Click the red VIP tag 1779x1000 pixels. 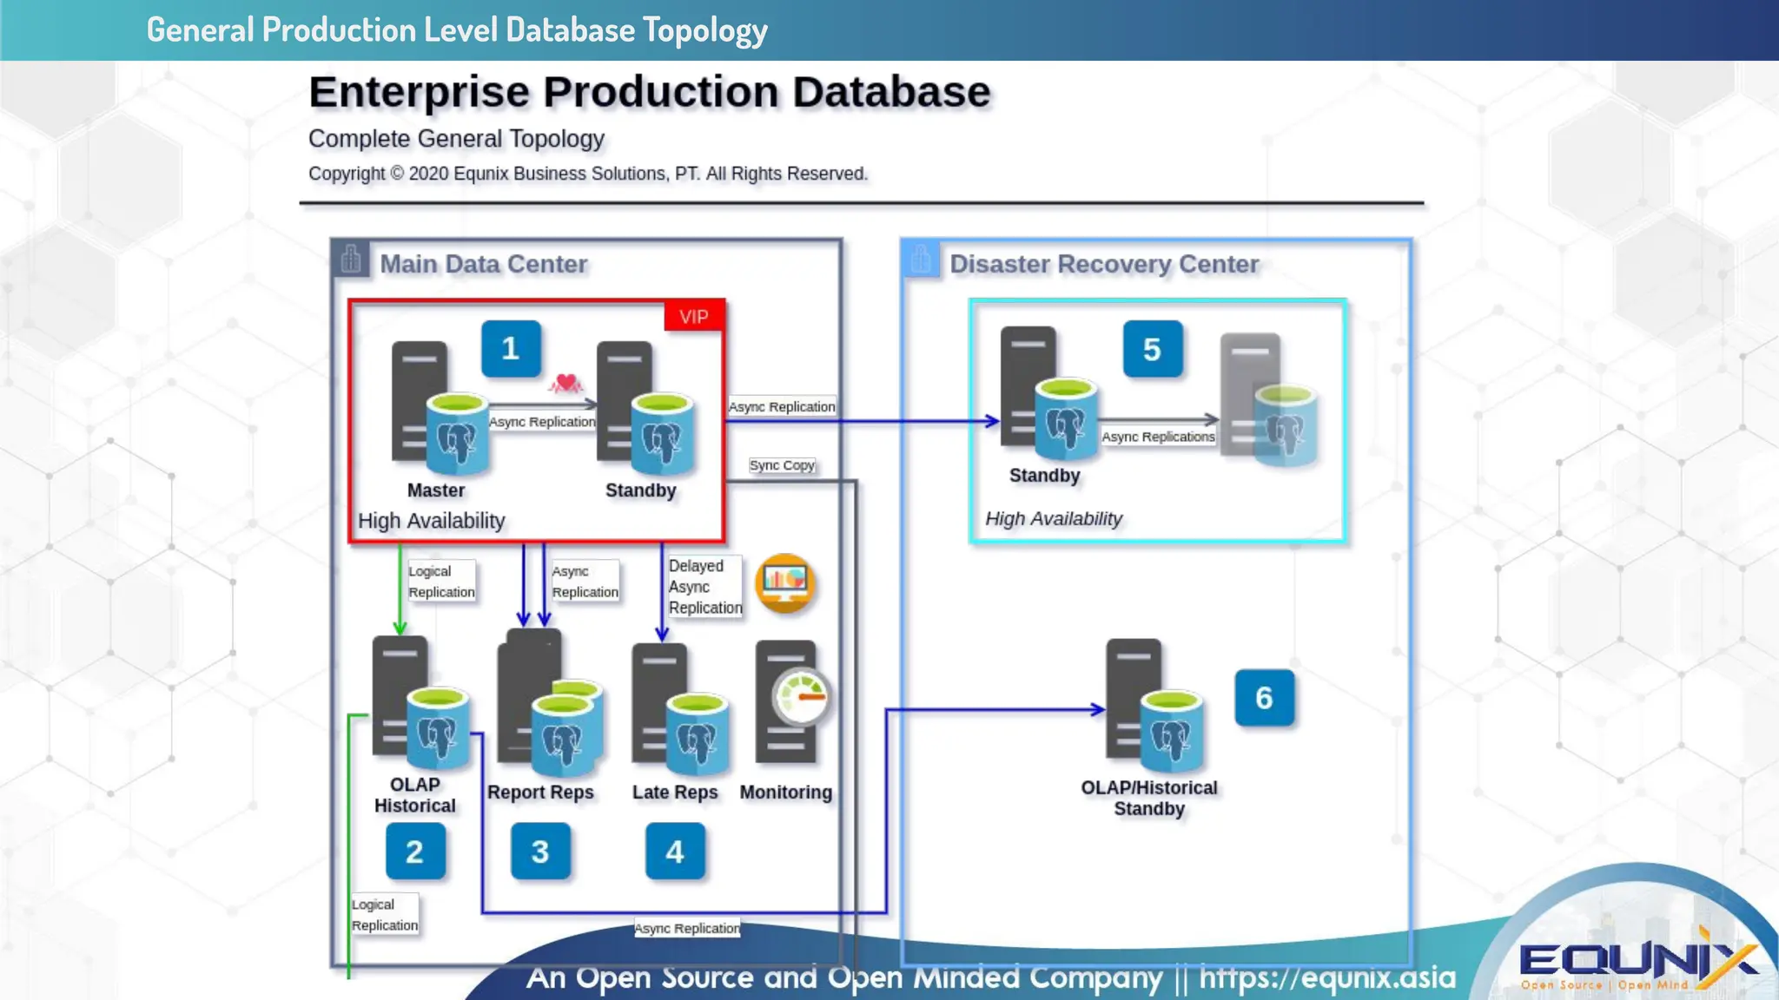pyautogui.click(x=693, y=316)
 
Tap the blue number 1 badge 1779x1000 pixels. pyautogui.click(x=511, y=349)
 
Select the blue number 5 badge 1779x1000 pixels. pyautogui.click(x=1152, y=349)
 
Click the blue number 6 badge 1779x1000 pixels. pyautogui.click(x=1264, y=698)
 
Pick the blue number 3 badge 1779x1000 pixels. pyautogui.click(x=540, y=852)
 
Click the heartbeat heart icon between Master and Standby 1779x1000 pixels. pyautogui.click(x=566, y=382)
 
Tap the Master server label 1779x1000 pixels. pyautogui.click(x=436, y=490)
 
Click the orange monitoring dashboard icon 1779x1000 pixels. pyautogui.click(x=785, y=583)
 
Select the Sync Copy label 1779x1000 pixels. pyautogui.click(x=782, y=465)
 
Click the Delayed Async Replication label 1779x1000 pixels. pyautogui.click(x=704, y=587)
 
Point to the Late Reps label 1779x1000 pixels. pyautogui.click(x=675, y=793)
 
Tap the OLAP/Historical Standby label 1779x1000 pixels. pyautogui.click(x=1148, y=799)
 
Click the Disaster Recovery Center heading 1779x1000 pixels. pyautogui.click(x=1103, y=264)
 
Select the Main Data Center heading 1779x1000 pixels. pyautogui.click(x=484, y=264)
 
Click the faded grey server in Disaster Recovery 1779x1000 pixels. pyautogui.click(x=1267, y=399)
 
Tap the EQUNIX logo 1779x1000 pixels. pyautogui.click(x=1637, y=962)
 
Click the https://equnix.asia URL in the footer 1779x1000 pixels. pyautogui.click(x=1326, y=977)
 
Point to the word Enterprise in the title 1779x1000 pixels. pyautogui.click(x=419, y=92)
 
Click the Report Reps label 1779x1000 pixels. pyautogui.click(x=540, y=793)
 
